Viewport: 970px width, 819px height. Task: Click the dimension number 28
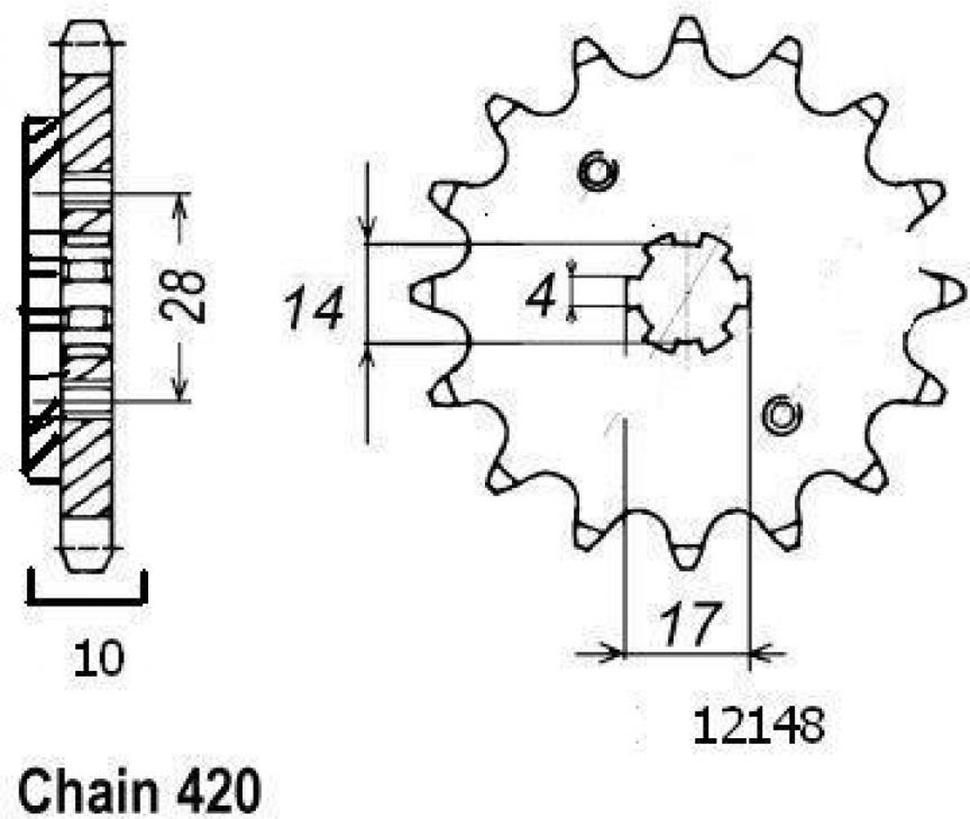(x=180, y=296)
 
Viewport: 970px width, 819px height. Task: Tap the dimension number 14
(x=314, y=308)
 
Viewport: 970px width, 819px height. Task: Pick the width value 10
(x=99, y=658)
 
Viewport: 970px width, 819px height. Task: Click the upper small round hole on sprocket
(x=597, y=171)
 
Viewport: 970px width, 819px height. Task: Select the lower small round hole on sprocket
(x=782, y=415)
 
